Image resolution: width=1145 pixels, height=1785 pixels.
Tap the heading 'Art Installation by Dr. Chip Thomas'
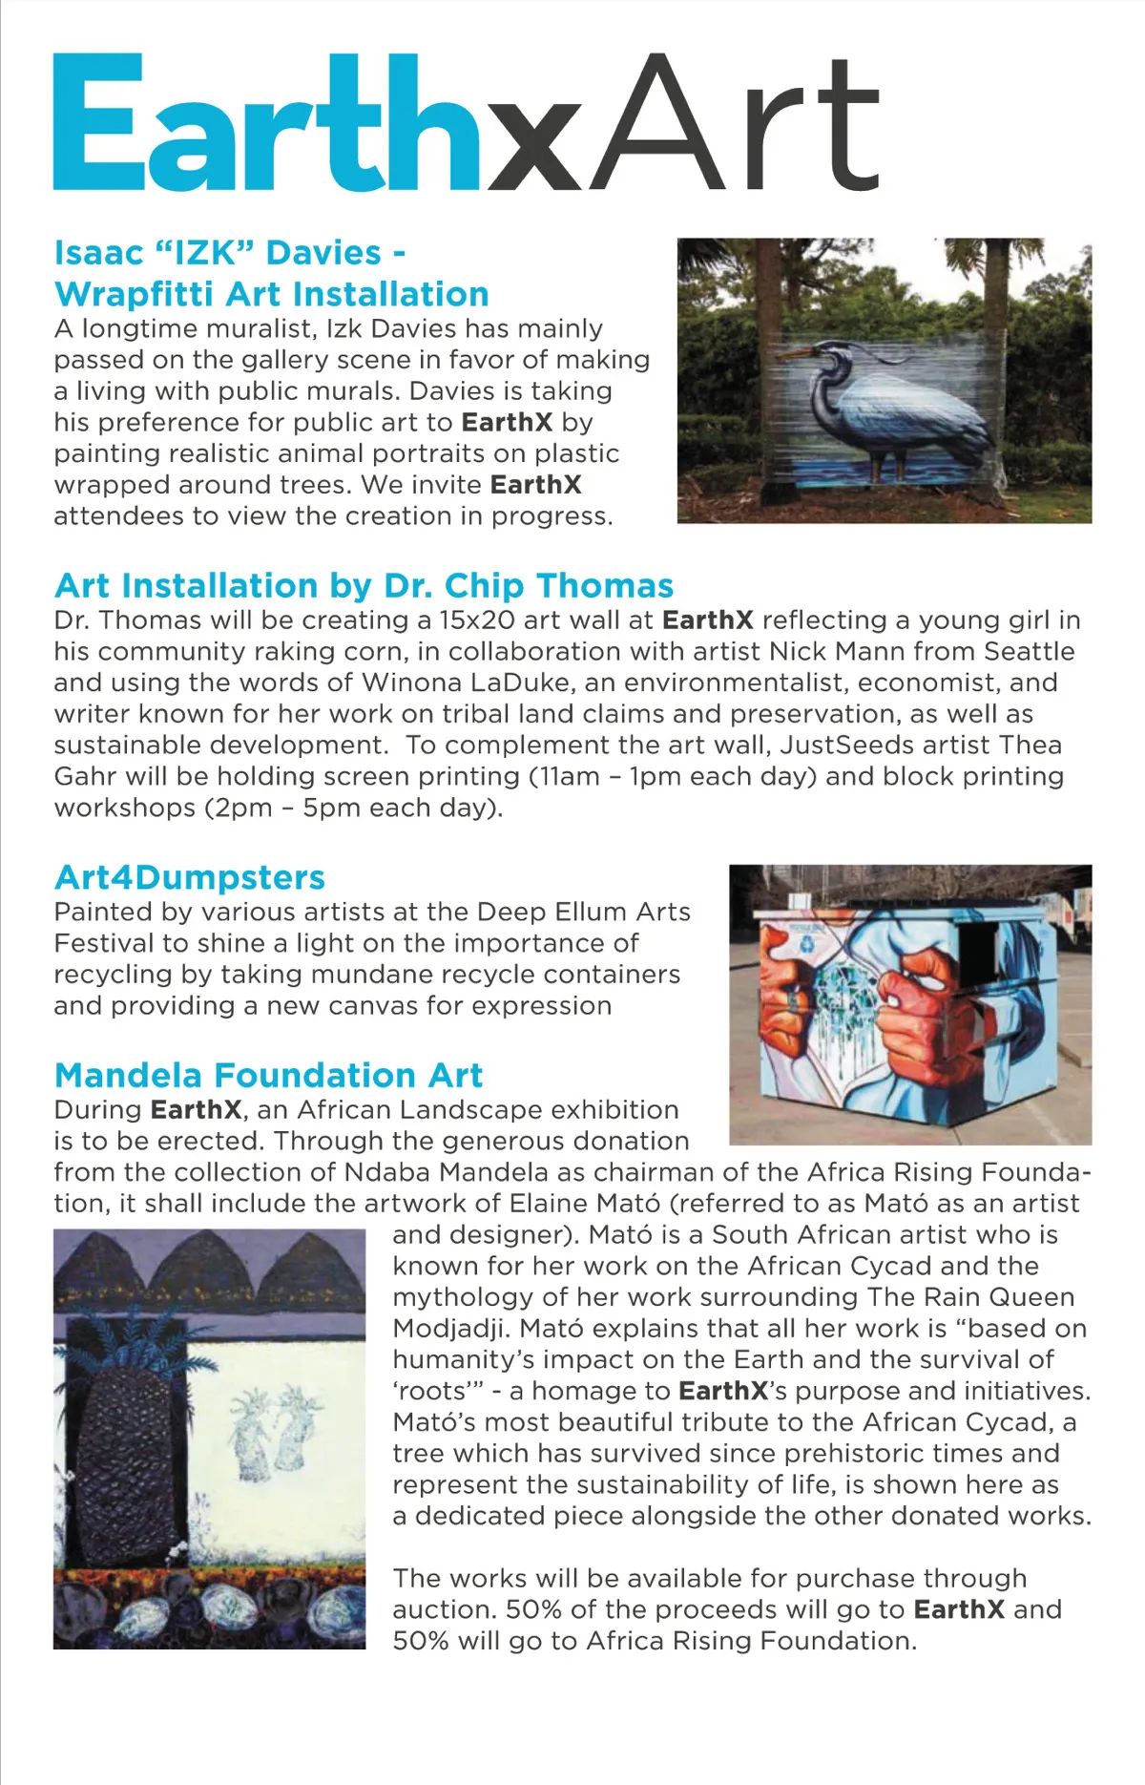click(364, 584)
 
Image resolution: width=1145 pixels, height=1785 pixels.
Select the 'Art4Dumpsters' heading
click(190, 876)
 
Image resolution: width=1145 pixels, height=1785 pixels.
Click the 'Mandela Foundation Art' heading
click(268, 1075)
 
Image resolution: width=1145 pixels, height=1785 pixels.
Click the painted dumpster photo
click(909, 1004)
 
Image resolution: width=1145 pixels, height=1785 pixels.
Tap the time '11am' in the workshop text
click(569, 776)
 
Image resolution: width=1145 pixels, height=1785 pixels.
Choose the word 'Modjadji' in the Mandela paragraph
click(451, 1328)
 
